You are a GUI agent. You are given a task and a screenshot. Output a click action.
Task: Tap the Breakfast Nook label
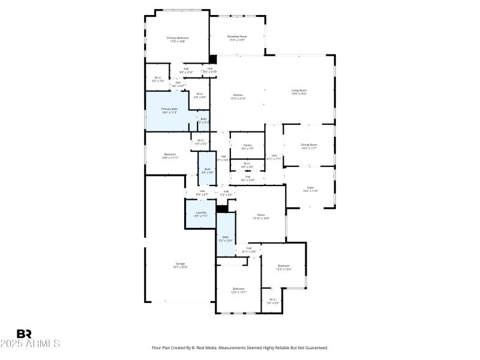(x=237, y=38)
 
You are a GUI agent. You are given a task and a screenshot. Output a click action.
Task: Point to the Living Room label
(x=299, y=92)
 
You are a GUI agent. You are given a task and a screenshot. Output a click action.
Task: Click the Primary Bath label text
(x=169, y=110)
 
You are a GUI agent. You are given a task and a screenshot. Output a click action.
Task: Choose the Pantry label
(x=247, y=146)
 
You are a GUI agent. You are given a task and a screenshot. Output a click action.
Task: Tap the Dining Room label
(x=309, y=146)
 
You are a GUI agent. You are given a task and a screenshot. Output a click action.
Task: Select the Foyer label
(x=310, y=189)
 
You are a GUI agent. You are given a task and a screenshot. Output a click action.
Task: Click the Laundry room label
(x=201, y=214)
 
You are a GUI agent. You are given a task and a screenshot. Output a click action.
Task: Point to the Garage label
(x=180, y=265)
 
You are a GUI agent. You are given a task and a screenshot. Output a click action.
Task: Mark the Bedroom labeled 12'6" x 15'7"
(x=239, y=290)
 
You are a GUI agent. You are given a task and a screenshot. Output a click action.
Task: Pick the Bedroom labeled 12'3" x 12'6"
(x=284, y=268)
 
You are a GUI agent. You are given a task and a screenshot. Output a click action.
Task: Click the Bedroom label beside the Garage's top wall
(x=170, y=156)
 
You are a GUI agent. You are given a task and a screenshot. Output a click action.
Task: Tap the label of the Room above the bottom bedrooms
(x=260, y=216)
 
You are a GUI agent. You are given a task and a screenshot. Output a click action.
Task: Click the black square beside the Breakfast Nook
(x=212, y=59)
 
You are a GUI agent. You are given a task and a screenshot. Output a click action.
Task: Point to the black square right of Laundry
(x=222, y=209)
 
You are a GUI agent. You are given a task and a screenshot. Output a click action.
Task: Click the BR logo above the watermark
(x=24, y=334)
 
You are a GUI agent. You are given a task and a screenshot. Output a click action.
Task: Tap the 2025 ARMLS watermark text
(x=30, y=344)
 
